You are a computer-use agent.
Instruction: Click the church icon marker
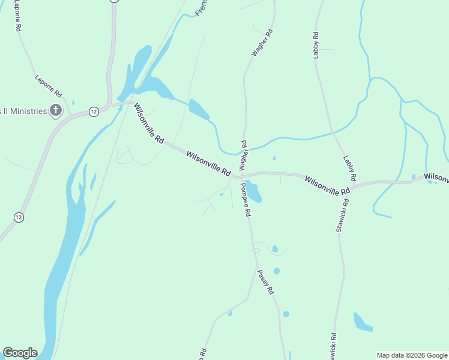coord(56,110)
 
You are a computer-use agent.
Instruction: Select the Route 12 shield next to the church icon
coord(93,112)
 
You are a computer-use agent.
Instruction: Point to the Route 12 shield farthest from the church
coord(19,217)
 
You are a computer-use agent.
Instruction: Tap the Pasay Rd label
coord(266,281)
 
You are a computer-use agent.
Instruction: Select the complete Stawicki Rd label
coord(342,216)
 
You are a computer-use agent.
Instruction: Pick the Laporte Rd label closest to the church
coord(49,86)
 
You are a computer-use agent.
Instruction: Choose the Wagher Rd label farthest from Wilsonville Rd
coord(263,43)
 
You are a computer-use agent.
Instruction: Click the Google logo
coord(20,353)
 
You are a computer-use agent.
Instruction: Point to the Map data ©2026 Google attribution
coord(412,355)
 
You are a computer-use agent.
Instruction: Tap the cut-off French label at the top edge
coord(203,8)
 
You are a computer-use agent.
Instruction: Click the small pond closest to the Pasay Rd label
coord(277,271)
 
